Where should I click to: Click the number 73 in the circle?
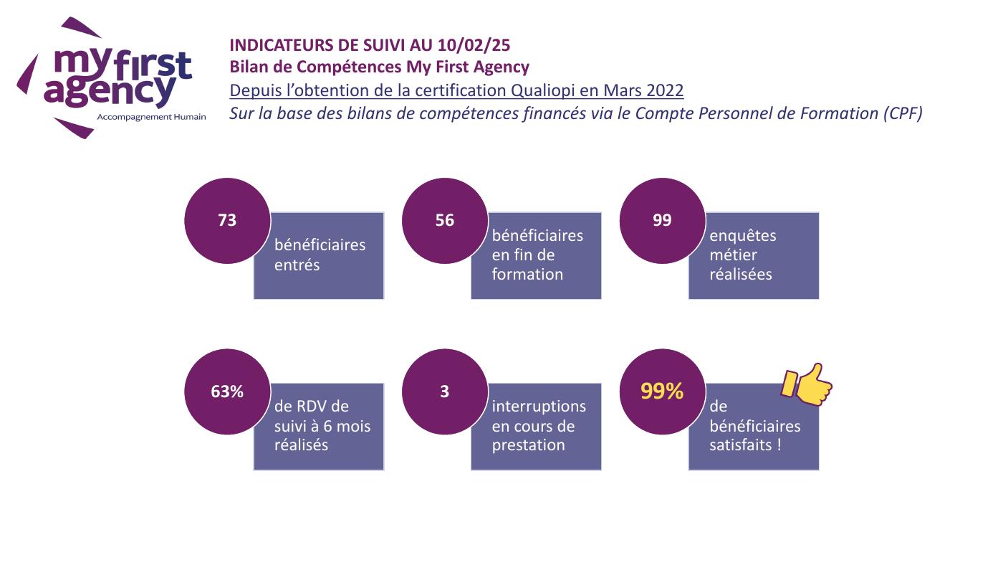227,220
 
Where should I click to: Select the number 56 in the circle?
445,220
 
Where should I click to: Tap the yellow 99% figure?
662,391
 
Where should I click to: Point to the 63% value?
227,391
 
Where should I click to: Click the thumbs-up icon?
807,384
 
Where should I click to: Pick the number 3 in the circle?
445,391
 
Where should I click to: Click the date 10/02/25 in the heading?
474,45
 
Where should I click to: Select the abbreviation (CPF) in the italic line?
903,113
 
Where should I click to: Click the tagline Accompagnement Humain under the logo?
151,117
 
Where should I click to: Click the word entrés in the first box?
297,265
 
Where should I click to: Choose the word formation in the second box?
527,274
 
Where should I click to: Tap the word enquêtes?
743,236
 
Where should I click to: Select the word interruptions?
539,407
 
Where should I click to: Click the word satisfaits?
741,445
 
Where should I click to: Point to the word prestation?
529,445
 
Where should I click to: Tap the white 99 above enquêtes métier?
662,220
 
